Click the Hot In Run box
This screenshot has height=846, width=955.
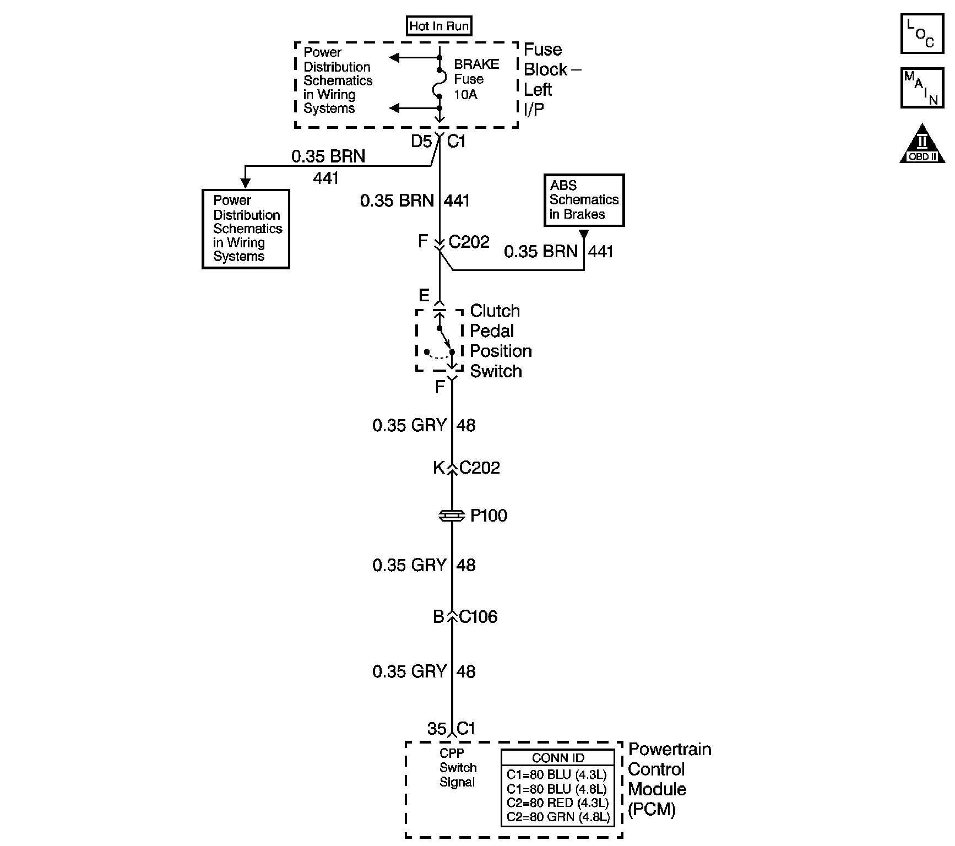point(439,26)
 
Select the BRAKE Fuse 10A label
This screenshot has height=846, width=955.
point(476,79)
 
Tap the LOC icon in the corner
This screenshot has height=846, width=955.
point(922,34)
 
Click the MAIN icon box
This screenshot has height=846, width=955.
point(922,88)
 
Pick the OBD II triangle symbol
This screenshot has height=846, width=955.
point(922,145)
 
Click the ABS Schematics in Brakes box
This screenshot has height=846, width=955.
point(584,200)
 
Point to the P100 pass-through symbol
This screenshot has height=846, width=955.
point(452,516)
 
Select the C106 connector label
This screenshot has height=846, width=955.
point(478,617)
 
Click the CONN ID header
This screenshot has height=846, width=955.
point(557,758)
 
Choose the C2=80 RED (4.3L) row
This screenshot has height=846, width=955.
point(557,802)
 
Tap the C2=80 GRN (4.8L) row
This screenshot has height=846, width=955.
point(557,817)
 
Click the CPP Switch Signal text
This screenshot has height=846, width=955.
point(458,767)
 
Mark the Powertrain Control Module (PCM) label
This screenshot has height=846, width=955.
point(669,779)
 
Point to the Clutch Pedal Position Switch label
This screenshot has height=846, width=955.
point(500,341)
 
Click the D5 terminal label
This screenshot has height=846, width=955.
point(421,142)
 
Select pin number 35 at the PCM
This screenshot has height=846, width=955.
point(436,729)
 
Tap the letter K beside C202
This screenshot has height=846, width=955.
point(438,468)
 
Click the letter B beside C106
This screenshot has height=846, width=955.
point(438,617)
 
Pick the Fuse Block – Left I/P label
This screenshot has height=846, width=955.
point(551,79)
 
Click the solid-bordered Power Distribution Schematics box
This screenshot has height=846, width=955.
point(246,229)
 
